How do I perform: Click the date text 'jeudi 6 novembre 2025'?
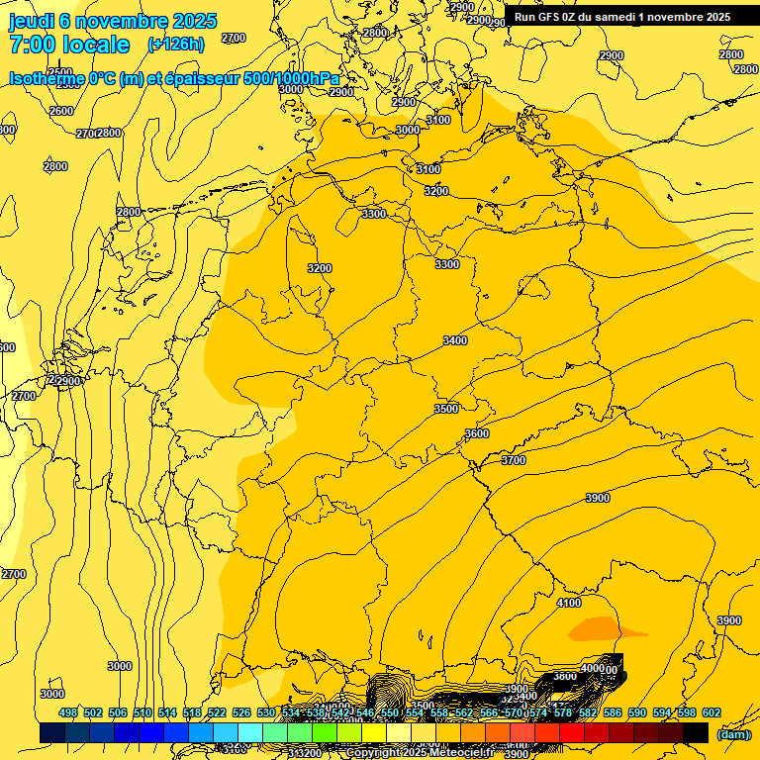point(113,21)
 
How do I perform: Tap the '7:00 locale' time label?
point(69,45)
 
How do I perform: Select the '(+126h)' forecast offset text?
point(175,45)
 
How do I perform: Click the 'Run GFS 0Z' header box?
point(622,16)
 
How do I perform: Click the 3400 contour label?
point(455,340)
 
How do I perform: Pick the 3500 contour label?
point(446,409)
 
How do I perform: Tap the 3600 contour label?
point(477,433)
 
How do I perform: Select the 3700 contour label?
point(513,460)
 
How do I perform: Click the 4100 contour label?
point(569,603)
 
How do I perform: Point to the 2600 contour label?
point(61,111)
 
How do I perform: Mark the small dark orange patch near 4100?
point(598,628)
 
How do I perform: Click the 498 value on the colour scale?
point(68,713)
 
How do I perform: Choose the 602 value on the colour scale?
point(711,713)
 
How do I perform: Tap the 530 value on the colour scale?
point(266,713)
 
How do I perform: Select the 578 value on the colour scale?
point(562,713)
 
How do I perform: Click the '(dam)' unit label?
point(733,734)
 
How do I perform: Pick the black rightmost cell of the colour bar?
point(696,733)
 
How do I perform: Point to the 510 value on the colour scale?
point(142,713)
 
